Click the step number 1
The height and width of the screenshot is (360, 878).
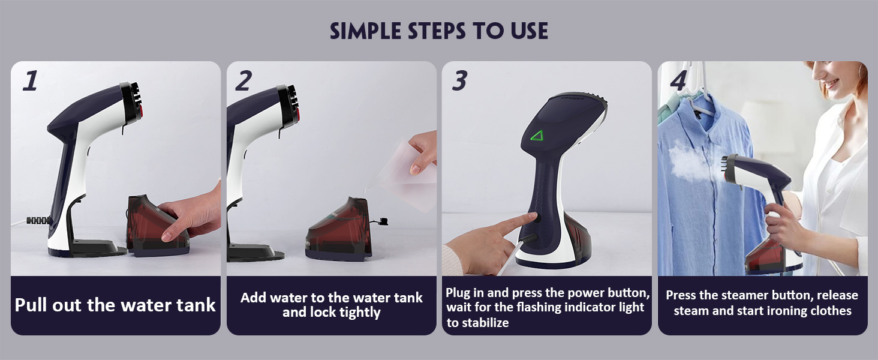pyautogui.click(x=30, y=80)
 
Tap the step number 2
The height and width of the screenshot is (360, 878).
pyautogui.click(x=243, y=81)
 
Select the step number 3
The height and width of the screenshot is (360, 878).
pyautogui.click(x=459, y=81)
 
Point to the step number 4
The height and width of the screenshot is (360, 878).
pyautogui.click(x=678, y=81)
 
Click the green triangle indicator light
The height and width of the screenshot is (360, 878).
pyautogui.click(x=537, y=136)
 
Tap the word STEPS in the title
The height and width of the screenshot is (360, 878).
pyautogui.click(x=437, y=31)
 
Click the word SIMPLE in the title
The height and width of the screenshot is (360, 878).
pyautogui.click(x=365, y=31)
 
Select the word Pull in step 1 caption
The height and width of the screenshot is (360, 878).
pyautogui.click(x=31, y=305)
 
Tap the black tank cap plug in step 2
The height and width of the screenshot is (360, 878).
pyautogui.click(x=382, y=221)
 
